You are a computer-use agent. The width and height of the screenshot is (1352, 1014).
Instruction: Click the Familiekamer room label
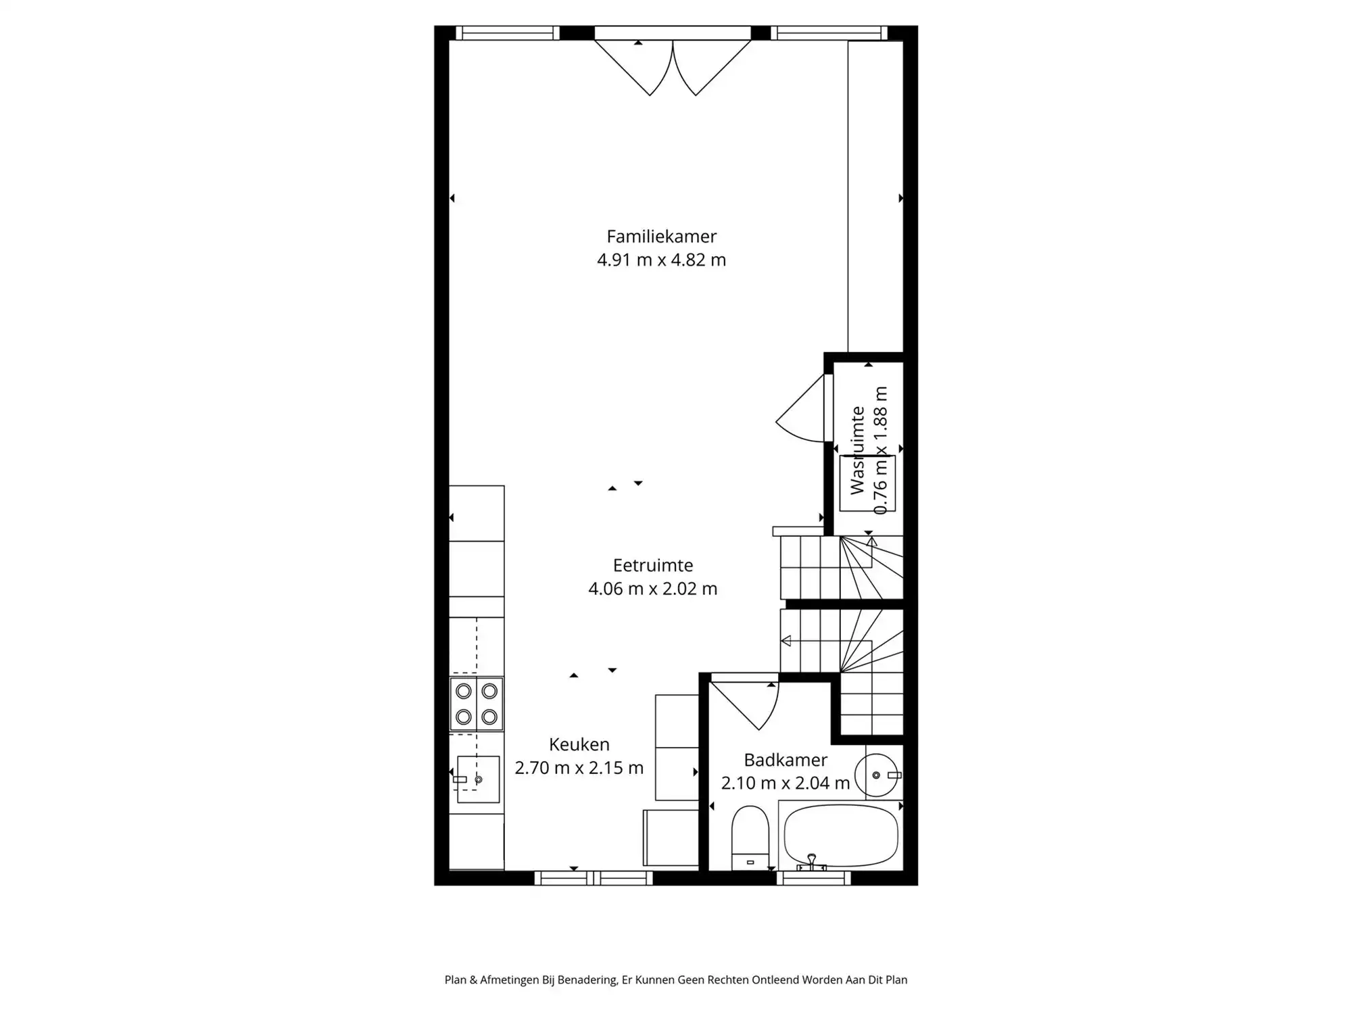(661, 237)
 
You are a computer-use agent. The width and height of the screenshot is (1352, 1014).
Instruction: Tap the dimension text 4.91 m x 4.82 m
(661, 260)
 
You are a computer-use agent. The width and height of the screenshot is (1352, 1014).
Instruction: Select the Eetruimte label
(652, 565)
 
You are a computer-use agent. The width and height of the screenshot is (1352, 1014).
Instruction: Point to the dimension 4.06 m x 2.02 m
(652, 589)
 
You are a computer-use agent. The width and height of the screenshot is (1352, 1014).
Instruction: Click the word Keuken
(579, 744)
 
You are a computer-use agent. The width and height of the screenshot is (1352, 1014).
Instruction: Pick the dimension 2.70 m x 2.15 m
(579, 768)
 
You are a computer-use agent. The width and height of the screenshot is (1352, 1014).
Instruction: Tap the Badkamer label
(786, 760)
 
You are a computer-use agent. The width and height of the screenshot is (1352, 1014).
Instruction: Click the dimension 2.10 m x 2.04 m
(786, 783)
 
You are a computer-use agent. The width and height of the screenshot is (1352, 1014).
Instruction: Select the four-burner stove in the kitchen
(477, 704)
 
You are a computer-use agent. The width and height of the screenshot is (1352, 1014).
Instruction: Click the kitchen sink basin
(479, 779)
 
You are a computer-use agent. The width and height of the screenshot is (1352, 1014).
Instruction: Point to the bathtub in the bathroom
(841, 836)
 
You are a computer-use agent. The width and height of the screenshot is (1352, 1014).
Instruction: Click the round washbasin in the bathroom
(877, 775)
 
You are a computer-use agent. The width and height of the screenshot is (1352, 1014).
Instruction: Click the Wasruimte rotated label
(857, 450)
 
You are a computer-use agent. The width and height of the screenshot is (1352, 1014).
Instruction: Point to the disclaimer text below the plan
(676, 980)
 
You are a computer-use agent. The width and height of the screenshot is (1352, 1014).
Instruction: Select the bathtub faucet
(811, 862)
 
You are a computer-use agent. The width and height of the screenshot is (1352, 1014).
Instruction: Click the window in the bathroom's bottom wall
(813, 878)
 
